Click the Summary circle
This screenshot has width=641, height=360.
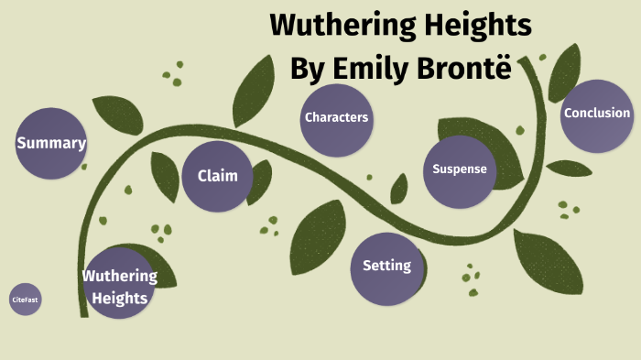pyautogui.click(x=51, y=143)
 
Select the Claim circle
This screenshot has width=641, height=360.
pyautogui.click(x=217, y=176)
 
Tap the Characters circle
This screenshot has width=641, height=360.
pyautogui.click(x=336, y=117)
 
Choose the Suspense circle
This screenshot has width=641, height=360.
pyautogui.click(x=459, y=169)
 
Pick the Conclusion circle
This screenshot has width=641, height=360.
pyautogui.click(x=597, y=115)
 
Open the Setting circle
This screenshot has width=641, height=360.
pyautogui.click(x=386, y=267)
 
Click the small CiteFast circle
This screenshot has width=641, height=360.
pyautogui.click(x=26, y=300)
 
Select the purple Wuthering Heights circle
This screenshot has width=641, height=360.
pyautogui.click(x=120, y=284)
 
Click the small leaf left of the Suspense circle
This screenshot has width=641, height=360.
pyautogui.click(x=399, y=188)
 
